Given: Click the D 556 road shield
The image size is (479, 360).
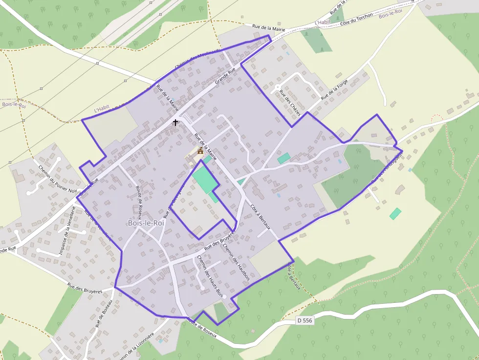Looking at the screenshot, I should pos(304,321).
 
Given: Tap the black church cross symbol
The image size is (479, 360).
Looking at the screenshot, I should pos(175,122).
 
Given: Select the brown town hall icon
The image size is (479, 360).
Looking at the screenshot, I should pos(200,151).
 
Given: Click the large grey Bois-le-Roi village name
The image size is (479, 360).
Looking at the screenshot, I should pos(146,223).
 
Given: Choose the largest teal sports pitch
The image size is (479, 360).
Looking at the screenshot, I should pos(204,179).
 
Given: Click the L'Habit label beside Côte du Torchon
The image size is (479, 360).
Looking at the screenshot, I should pos(323,22).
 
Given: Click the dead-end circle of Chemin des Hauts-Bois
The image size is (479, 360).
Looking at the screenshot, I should pos(202,287).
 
